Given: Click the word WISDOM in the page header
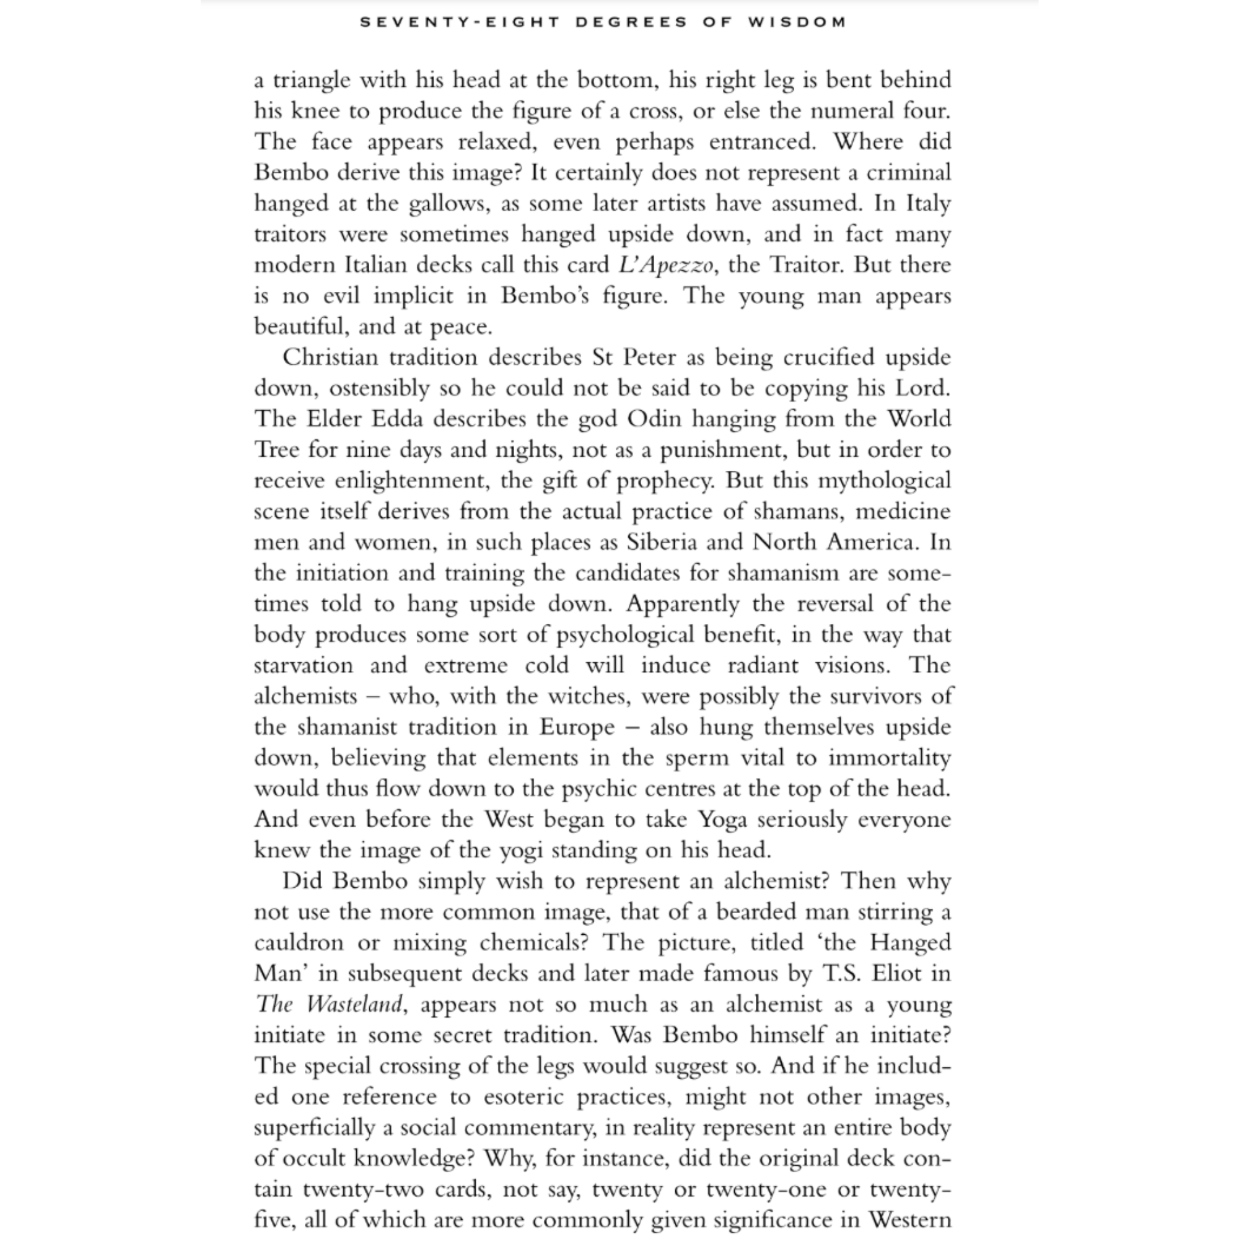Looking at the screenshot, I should (x=797, y=22).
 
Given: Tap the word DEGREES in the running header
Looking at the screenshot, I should (x=632, y=22).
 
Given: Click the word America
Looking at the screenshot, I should (x=872, y=542).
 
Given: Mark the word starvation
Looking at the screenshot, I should (x=304, y=665).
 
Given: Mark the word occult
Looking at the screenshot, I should (x=312, y=1158).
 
